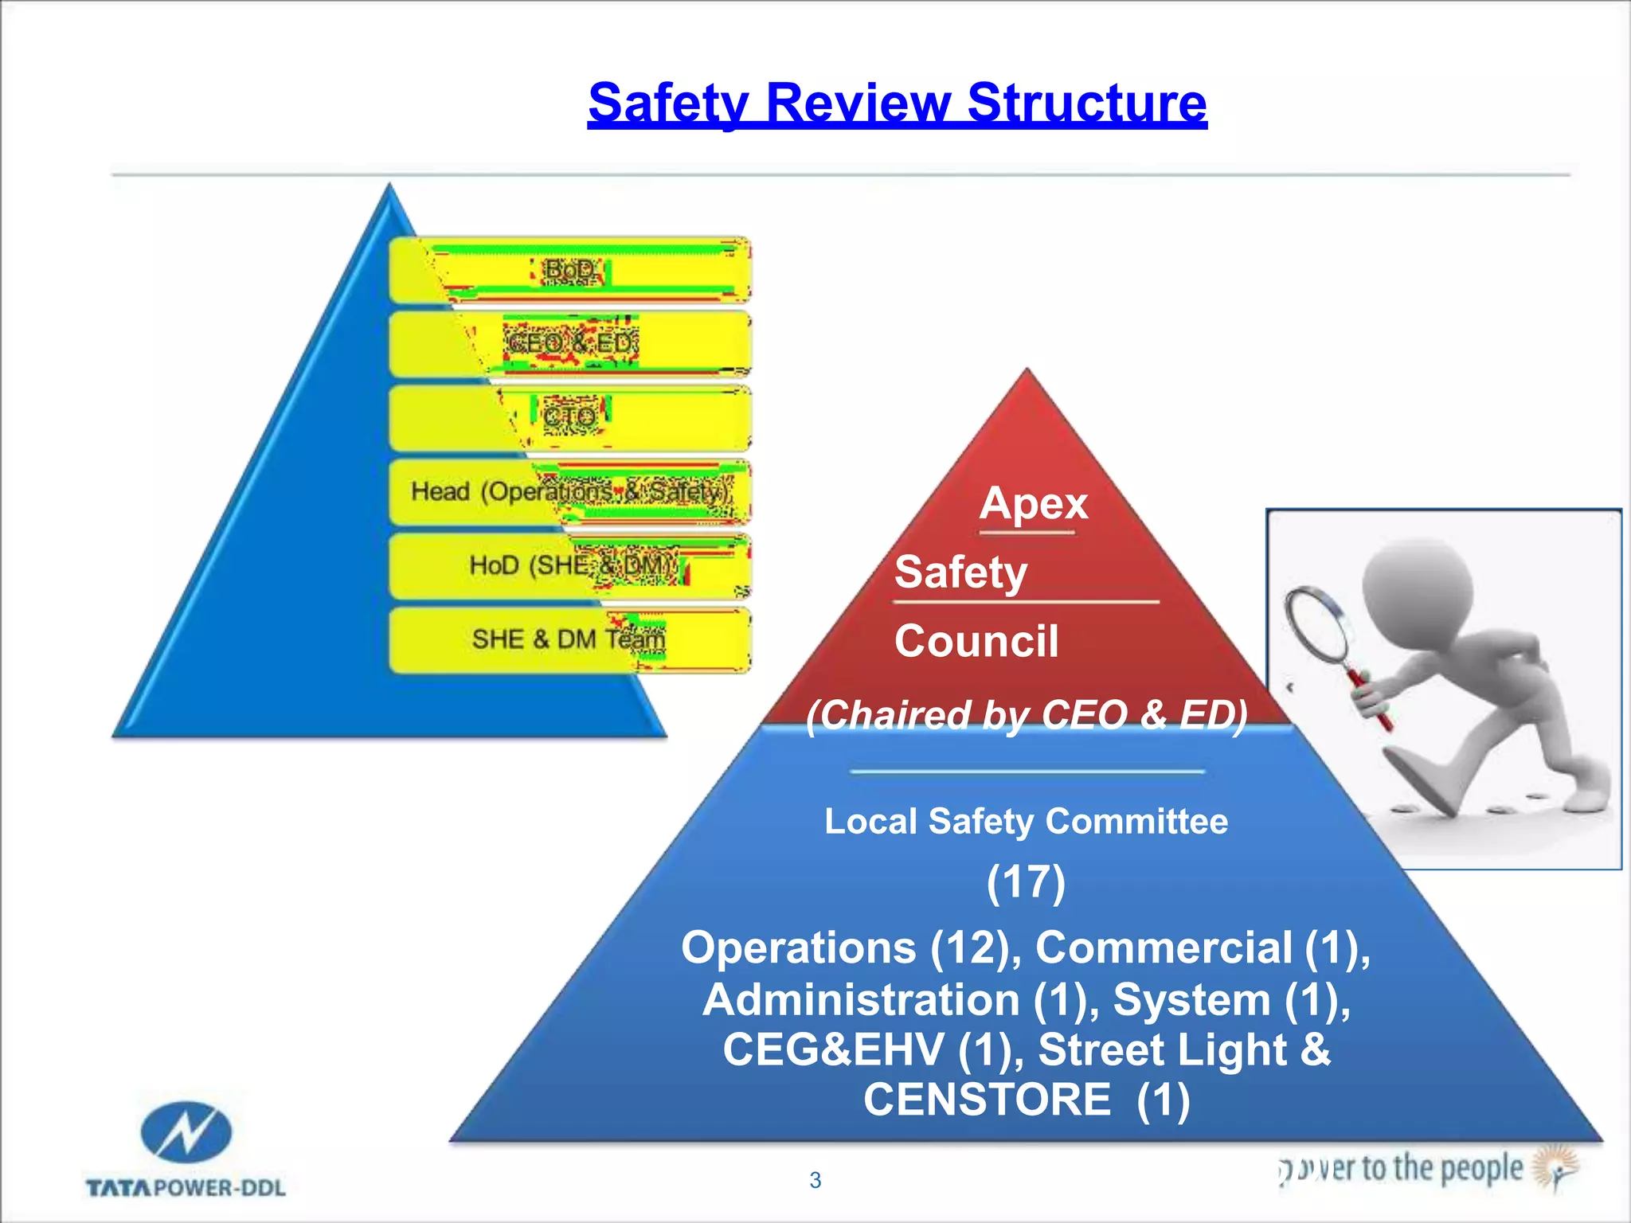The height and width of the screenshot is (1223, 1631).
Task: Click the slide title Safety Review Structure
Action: [897, 104]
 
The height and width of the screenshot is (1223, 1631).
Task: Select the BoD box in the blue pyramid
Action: [569, 271]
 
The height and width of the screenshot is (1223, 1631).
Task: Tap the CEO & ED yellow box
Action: [569, 344]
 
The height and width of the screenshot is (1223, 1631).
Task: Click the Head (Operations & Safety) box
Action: [569, 492]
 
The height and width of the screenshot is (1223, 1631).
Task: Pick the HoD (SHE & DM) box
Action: [569, 566]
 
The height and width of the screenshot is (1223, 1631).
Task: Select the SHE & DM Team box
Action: [569, 639]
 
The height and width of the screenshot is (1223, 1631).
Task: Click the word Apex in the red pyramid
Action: [1034, 504]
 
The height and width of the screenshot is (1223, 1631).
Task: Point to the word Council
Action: [976, 642]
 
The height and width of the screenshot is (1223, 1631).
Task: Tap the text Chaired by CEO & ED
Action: [1026, 715]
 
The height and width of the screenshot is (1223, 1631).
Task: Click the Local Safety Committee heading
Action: [1026, 822]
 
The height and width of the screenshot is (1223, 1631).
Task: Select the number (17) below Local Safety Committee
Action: [1026, 882]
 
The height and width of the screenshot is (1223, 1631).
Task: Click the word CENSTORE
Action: [987, 1100]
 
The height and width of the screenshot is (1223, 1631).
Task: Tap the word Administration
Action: [861, 1000]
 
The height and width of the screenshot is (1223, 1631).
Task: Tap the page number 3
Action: [815, 1180]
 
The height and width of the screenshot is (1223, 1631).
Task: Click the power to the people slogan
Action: [1402, 1169]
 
